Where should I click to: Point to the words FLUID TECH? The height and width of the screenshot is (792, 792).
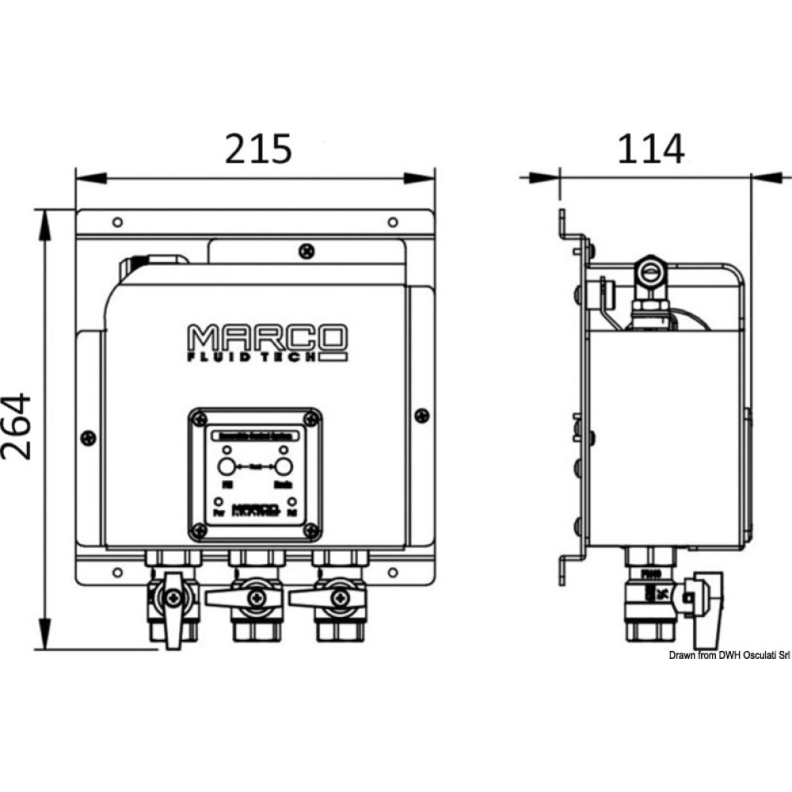pyautogui.click(x=255, y=357)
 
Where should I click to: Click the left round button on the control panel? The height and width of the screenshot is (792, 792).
pyautogui.click(x=226, y=466)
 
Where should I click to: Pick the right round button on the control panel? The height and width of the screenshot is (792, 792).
pyautogui.click(x=284, y=466)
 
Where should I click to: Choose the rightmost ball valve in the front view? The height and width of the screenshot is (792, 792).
pyautogui.click(x=338, y=599)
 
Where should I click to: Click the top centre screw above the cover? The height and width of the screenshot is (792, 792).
pyautogui.click(x=307, y=251)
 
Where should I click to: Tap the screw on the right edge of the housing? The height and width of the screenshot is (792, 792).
pyautogui.click(x=422, y=415)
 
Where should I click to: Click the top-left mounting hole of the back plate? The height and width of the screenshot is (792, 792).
pyautogui.click(x=117, y=222)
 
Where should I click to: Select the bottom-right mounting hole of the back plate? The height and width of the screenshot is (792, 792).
pyautogui.click(x=393, y=570)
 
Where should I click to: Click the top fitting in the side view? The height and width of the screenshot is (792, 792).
pyautogui.click(x=650, y=273)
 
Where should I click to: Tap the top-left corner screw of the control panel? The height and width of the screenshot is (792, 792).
pyautogui.click(x=200, y=418)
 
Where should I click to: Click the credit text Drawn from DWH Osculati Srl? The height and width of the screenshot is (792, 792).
pyautogui.click(x=729, y=655)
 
